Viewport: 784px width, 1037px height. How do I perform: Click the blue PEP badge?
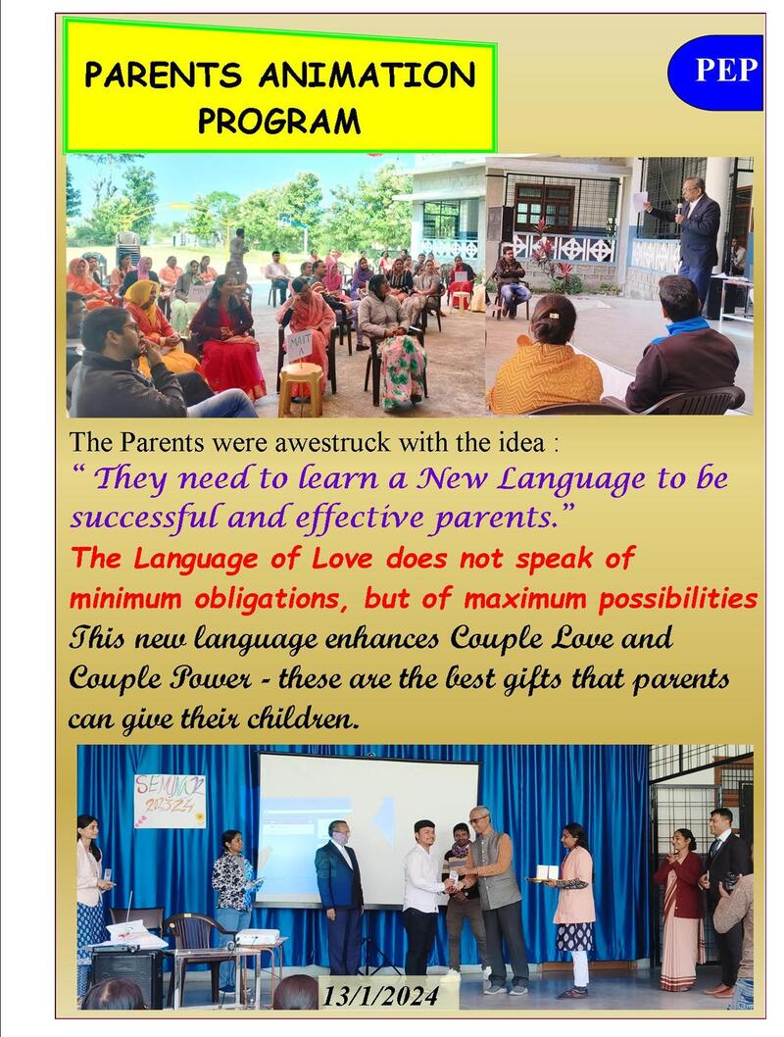(715, 73)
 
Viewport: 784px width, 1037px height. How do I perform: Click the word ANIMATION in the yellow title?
(367, 74)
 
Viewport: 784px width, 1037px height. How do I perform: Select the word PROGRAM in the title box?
(279, 121)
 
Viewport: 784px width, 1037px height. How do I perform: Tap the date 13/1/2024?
(381, 995)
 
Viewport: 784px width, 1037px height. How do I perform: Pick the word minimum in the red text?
(125, 599)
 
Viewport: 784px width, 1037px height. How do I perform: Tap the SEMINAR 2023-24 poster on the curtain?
(170, 801)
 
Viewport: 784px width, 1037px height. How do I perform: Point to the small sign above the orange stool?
(300, 345)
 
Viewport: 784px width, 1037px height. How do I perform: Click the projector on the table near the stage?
(257, 936)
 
